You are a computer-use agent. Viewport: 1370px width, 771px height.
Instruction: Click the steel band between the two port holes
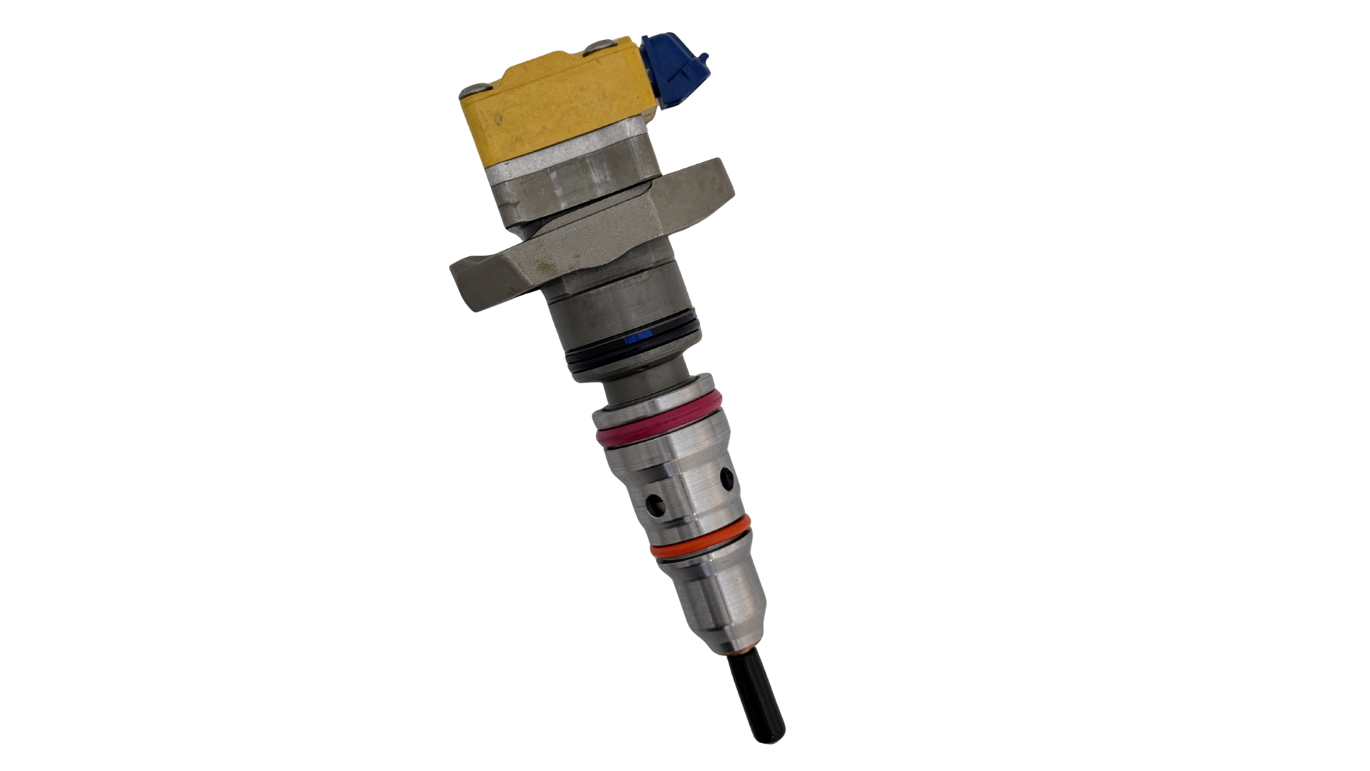click(689, 493)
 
